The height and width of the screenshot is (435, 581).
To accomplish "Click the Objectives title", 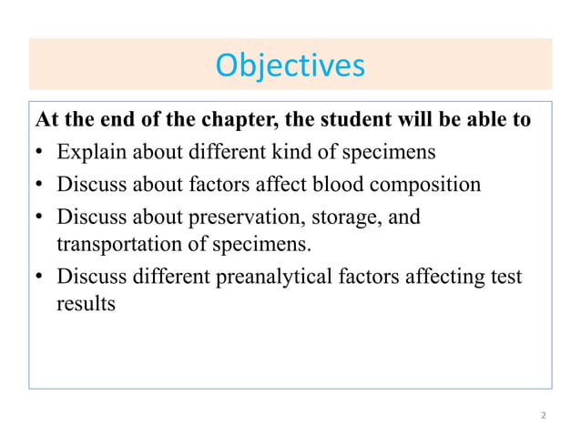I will point(290,65).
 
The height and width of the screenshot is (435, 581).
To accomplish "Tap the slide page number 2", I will point(544,416).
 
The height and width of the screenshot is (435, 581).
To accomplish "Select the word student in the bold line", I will point(349,120).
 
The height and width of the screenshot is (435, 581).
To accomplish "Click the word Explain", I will point(91,152).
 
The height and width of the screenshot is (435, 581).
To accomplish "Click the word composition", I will point(425,185).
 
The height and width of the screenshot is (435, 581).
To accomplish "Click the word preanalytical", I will point(273,278).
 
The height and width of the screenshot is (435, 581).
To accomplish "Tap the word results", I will point(86,304).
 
